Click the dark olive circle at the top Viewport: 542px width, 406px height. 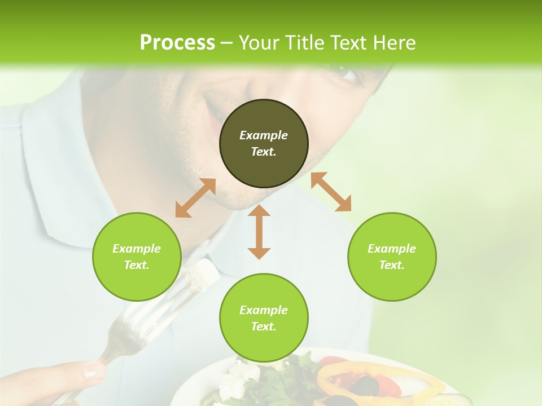264,143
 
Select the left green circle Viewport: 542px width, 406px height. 137,257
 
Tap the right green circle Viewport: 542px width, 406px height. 392,257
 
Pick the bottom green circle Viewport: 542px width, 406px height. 264,318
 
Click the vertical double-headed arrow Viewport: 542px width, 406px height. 259,232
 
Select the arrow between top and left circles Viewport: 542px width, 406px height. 195,198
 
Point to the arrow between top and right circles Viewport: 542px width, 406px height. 331,192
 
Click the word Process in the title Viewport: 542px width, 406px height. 177,43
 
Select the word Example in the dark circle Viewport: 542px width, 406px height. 264,135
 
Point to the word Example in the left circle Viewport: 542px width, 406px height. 137,249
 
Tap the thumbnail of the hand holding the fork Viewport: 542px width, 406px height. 94,370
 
